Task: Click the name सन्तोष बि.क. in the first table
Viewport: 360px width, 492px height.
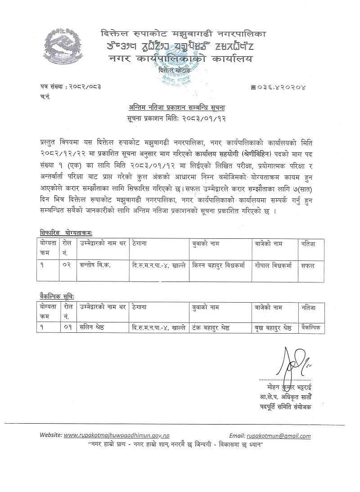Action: (94, 265)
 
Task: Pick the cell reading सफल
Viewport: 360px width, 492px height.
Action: (309, 265)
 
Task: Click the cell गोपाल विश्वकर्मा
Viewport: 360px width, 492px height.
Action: (273, 265)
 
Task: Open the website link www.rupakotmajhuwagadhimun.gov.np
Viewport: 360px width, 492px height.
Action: (117, 436)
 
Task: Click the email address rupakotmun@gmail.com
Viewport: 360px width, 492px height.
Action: (279, 436)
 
